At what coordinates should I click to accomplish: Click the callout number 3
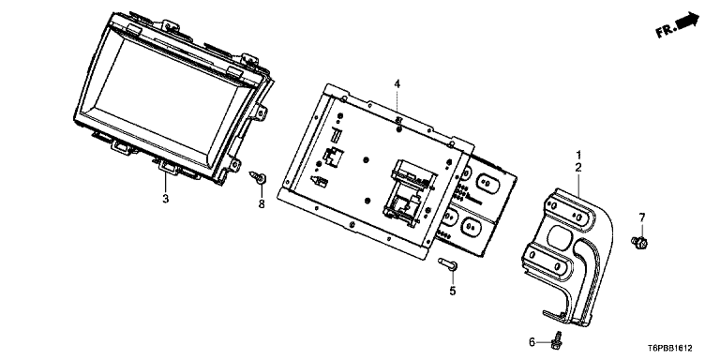pyautogui.click(x=166, y=199)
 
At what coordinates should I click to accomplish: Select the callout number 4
pyautogui.click(x=397, y=84)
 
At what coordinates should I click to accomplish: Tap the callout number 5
pyautogui.click(x=453, y=291)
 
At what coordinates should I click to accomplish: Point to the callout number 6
pyautogui.click(x=532, y=341)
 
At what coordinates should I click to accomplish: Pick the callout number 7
pyautogui.click(x=642, y=217)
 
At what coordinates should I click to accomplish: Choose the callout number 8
pyautogui.click(x=262, y=203)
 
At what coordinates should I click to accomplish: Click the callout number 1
pyautogui.click(x=578, y=155)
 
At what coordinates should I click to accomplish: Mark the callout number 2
pyautogui.click(x=578, y=168)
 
